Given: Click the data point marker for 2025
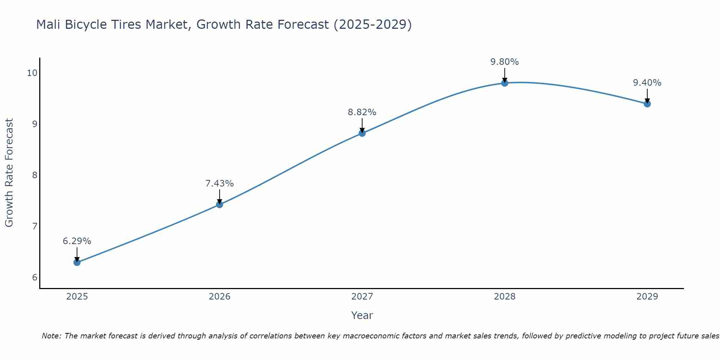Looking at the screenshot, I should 77,262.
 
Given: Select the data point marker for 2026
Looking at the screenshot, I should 219,204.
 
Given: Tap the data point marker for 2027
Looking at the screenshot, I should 362,133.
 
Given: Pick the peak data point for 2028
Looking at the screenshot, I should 504,83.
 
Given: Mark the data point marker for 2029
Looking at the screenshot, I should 647,104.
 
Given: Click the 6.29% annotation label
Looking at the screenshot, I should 77,241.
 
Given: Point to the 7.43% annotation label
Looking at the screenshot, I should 219,184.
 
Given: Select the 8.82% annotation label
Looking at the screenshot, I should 362,112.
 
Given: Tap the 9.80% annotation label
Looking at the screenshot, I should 504,62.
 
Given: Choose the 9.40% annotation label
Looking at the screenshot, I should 647,83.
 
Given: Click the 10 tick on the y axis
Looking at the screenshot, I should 32,73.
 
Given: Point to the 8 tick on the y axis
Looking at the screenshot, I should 35,175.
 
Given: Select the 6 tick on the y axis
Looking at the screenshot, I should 35,278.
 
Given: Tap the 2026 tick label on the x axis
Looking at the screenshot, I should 219,297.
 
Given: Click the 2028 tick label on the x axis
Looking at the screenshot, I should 504,297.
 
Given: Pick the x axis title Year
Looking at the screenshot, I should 362,315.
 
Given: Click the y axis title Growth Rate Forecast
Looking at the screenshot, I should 9,173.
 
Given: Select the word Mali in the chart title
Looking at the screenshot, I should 49,24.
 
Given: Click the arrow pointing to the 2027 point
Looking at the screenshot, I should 362,126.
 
